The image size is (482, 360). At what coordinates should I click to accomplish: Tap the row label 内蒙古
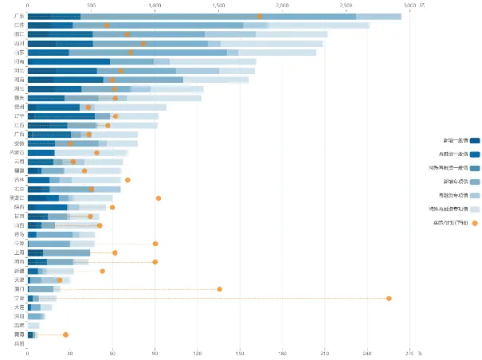(x=17, y=152)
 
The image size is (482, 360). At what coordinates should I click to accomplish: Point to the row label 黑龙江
(x=17, y=198)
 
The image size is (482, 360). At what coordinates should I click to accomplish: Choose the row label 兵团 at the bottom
(x=19, y=343)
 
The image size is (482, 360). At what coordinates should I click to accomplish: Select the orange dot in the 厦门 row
(x=220, y=289)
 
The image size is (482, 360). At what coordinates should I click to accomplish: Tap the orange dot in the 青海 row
(x=66, y=335)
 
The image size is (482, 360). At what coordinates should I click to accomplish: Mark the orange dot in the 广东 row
(x=260, y=16)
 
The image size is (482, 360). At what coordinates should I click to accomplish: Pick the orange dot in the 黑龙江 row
(x=159, y=198)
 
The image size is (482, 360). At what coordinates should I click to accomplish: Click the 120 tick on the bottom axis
(x=198, y=352)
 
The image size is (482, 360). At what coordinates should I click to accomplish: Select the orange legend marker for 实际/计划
(x=475, y=222)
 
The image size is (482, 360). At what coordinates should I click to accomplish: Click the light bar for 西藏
(x=33, y=326)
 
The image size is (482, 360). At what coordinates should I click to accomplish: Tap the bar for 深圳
(x=35, y=316)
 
